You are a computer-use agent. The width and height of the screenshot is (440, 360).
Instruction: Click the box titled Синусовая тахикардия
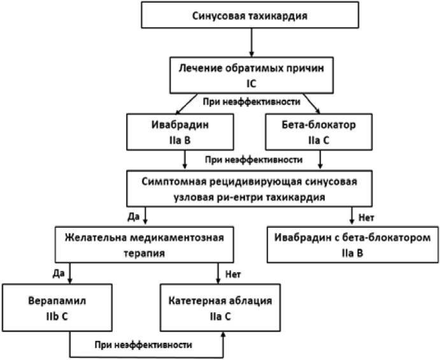click(250, 15)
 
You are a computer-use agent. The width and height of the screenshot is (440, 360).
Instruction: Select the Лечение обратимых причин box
click(252, 75)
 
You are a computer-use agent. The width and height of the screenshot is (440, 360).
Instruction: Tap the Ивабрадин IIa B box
click(180, 132)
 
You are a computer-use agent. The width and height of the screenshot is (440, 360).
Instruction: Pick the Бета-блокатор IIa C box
click(319, 132)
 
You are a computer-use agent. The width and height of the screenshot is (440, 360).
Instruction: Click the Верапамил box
click(57, 308)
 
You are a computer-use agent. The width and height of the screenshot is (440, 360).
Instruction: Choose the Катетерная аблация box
click(220, 308)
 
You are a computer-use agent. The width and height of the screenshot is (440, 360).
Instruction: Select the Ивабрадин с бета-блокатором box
click(353, 245)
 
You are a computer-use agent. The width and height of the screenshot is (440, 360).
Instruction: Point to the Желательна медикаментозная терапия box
click(145, 245)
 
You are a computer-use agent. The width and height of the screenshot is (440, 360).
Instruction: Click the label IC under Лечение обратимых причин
click(252, 84)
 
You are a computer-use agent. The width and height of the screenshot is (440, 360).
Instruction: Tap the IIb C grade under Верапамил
click(57, 317)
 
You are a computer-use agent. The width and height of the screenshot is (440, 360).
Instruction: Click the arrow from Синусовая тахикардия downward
click(252, 43)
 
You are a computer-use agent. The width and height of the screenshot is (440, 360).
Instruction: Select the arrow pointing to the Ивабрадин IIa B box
click(187, 104)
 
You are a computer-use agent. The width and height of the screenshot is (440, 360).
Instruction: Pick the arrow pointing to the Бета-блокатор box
click(311, 104)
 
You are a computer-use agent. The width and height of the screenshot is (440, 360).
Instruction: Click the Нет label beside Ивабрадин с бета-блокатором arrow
click(367, 218)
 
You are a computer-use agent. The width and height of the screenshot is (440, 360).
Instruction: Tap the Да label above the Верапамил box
click(59, 273)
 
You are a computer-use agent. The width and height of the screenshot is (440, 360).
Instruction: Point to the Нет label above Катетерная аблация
click(233, 274)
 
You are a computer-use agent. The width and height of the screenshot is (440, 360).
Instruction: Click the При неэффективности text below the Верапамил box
click(143, 345)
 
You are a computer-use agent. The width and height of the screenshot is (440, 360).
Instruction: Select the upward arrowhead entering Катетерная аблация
click(224, 335)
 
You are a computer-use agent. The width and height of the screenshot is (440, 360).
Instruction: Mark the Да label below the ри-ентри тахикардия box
click(134, 217)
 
